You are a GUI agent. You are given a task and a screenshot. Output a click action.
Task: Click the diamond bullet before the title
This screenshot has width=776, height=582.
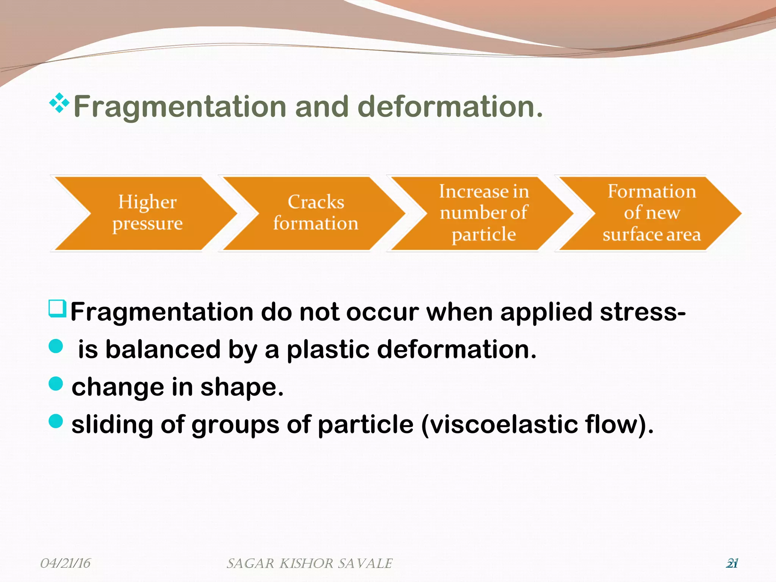click(59, 103)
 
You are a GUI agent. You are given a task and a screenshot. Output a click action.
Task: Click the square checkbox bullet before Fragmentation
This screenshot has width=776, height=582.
click(58, 308)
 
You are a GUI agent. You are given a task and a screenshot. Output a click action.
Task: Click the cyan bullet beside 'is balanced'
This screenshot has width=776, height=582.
click(56, 346)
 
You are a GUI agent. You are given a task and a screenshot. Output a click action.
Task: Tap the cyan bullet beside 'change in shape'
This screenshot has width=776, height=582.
click(56, 383)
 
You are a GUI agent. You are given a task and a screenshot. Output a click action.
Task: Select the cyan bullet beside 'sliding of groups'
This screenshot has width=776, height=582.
click(56, 421)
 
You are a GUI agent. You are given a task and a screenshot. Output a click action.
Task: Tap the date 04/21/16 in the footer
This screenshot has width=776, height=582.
click(65, 563)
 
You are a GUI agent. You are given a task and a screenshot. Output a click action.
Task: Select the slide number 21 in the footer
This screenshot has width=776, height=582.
click(732, 563)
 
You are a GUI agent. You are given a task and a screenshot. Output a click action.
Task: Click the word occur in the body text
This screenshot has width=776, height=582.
click(382, 312)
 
